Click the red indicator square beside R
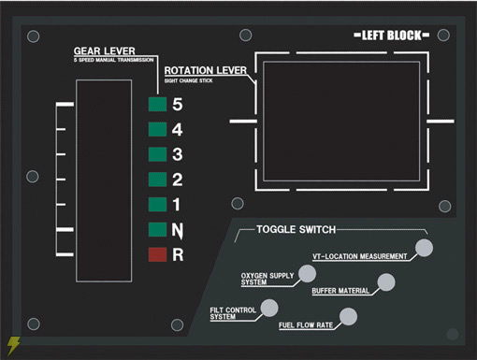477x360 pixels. coord(157,254)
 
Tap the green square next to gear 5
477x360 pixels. coord(157,104)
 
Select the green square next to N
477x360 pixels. coord(157,229)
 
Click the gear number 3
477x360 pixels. coord(178,154)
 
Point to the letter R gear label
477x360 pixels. coord(178,254)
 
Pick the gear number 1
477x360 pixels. coord(177,205)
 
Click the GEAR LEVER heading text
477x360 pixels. coord(105,50)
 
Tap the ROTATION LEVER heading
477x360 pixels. coord(206,70)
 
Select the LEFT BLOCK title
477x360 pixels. coord(392,36)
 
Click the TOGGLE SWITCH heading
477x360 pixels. coord(296,229)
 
